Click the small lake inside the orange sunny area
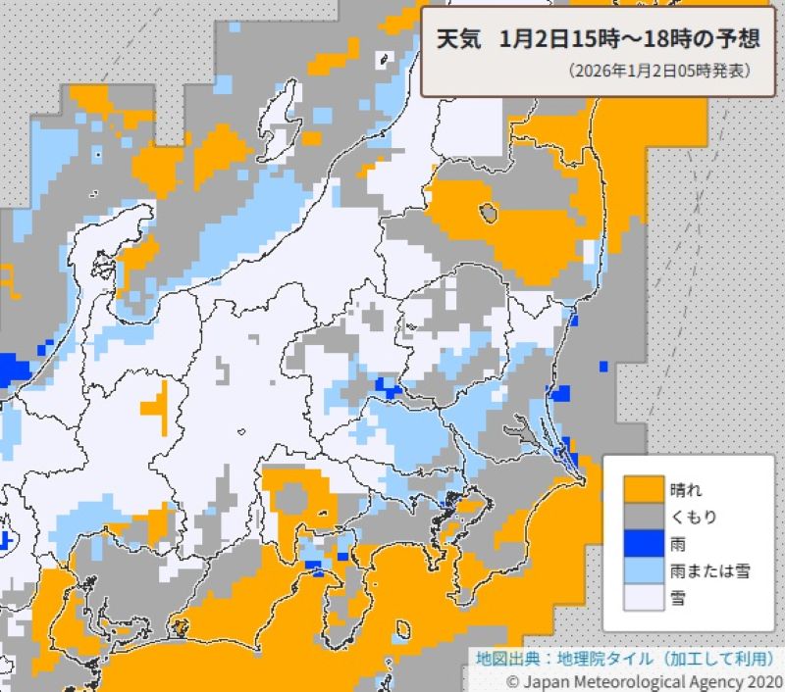pyautogui.click(x=486, y=211)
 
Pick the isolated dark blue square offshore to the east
pyautogui.click(x=603, y=367)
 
